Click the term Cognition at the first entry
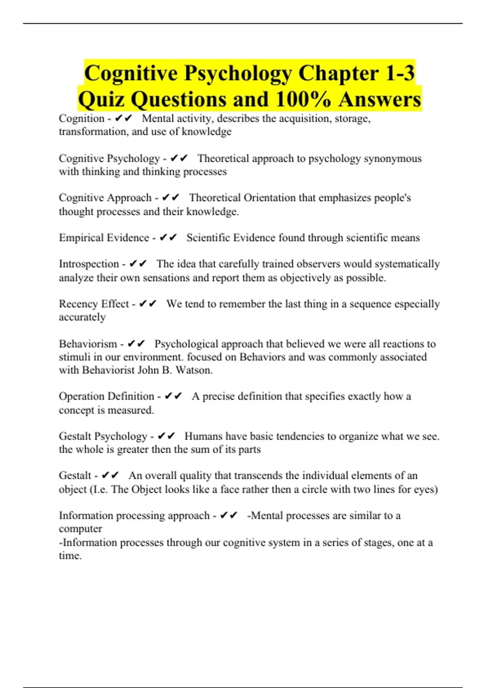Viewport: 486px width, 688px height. pos(81,118)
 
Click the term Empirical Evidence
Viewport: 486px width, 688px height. pos(104,238)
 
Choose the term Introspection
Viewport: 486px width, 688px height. pos(89,264)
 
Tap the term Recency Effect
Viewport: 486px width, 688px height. pos(94,304)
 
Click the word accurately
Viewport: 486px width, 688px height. pos(82,317)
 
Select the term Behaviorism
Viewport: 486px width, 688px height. pos(88,344)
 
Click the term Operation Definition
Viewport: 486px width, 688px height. pos(107,396)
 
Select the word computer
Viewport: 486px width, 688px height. pos(80,529)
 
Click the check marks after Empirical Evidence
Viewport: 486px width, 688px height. pos(168,238)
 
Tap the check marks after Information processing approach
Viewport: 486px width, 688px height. pos(228,515)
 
